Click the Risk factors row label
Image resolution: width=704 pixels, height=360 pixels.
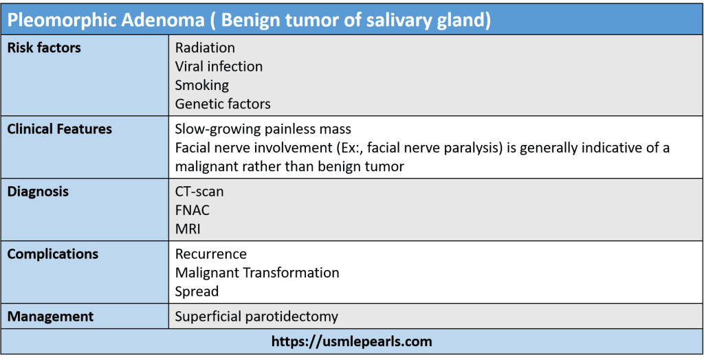click(45, 47)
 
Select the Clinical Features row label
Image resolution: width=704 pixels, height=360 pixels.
click(60, 129)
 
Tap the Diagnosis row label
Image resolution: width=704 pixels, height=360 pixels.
click(38, 192)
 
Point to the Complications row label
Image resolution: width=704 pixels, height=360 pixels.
click(53, 254)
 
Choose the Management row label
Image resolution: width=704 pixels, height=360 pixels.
click(51, 317)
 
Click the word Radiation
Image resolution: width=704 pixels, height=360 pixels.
click(205, 47)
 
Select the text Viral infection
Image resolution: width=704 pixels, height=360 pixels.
click(219, 67)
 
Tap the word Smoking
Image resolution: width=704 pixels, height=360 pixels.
click(201, 85)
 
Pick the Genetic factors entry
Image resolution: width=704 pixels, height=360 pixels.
click(223, 104)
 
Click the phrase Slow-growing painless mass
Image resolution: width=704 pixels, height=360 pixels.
click(263, 129)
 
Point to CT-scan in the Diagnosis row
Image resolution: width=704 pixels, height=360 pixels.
click(199, 192)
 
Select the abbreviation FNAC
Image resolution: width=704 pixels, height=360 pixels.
click(192, 210)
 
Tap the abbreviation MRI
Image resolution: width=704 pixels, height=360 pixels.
click(188, 229)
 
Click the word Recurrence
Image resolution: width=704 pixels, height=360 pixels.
click(210, 254)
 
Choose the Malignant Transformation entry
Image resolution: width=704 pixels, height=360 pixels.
click(257, 273)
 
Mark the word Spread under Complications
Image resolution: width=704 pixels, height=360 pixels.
click(197, 291)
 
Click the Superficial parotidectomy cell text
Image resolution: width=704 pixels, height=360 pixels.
click(256, 317)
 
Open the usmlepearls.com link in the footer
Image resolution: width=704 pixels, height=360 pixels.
click(351, 341)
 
